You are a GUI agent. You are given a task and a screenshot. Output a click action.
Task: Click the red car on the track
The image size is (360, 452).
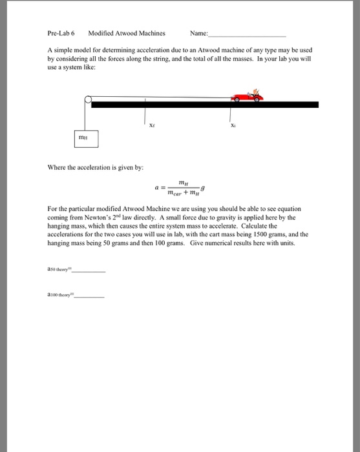coord(248,96)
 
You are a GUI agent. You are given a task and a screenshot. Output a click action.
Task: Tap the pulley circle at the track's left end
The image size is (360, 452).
coord(88,99)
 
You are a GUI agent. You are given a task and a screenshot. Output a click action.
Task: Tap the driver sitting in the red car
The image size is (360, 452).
coord(257,92)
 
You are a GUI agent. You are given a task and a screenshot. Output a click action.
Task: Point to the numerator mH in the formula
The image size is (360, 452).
coord(182,183)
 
